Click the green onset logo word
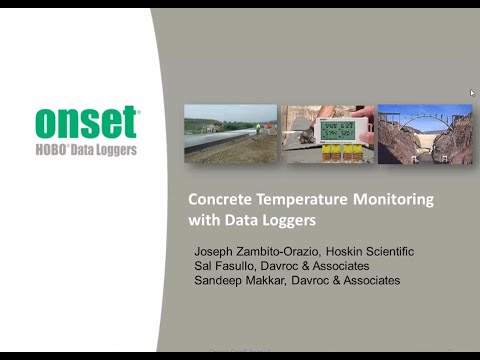pos(87,121)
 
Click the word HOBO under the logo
pos(59,150)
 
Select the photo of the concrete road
pos(230,134)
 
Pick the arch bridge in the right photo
pos(424,125)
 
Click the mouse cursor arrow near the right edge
pos(472,93)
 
